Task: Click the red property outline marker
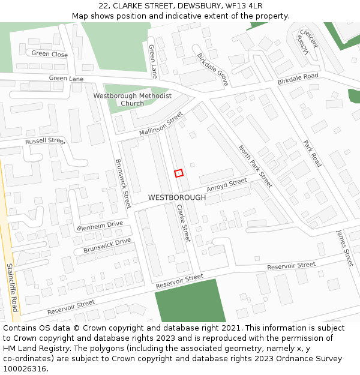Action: click(178, 173)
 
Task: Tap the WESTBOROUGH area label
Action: click(176, 197)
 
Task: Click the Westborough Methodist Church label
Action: click(133, 100)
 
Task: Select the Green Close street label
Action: click(50, 54)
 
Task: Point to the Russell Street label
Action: click(44, 141)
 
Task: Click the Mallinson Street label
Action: click(161, 124)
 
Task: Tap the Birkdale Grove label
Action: click(212, 70)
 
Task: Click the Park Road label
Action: click(313, 154)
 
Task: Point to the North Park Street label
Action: click(255, 166)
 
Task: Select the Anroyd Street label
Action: click(227, 185)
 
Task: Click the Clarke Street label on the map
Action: click(183, 223)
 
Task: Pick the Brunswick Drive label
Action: click(107, 245)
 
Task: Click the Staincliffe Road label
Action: click(12, 288)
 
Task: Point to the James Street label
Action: click(345, 248)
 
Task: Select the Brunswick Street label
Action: click(122, 184)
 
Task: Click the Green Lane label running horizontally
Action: click(66, 79)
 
